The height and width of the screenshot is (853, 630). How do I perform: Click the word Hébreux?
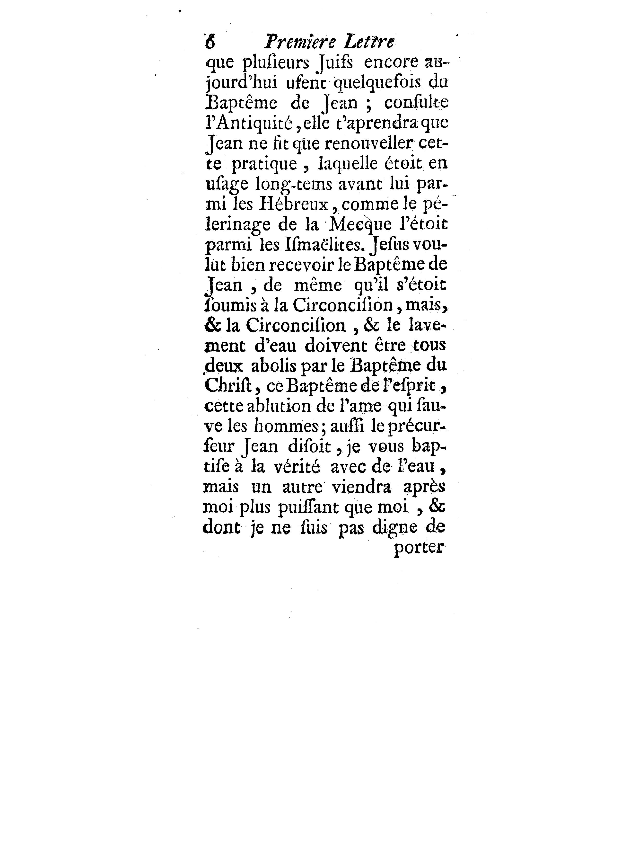(x=293, y=204)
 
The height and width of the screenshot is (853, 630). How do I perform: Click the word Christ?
(x=227, y=386)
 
